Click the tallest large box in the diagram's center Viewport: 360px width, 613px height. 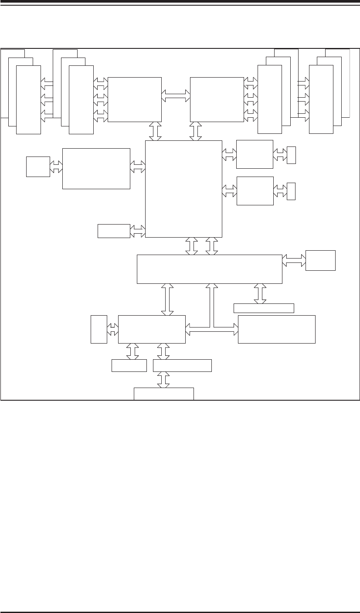(183, 189)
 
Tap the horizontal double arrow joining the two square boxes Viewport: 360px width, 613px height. (176, 96)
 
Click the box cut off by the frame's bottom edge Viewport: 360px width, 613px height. (163, 393)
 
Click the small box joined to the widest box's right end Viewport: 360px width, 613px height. (320, 260)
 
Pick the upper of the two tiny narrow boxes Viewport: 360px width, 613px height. (291, 155)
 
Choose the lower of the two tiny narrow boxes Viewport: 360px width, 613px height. (291, 191)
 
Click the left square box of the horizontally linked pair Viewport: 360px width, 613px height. (134, 99)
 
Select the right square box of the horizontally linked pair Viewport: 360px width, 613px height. (217, 99)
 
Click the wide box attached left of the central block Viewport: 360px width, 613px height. (96, 168)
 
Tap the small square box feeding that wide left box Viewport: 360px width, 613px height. (38, 167)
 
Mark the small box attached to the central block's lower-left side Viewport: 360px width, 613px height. (114, 231)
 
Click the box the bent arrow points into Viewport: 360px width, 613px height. (276, 329)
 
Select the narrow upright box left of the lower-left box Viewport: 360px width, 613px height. (99, 329)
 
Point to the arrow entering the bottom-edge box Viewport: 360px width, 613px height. (164, 379)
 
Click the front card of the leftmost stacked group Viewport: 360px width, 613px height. (28, 99)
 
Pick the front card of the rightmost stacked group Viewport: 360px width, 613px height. (321, 99)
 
